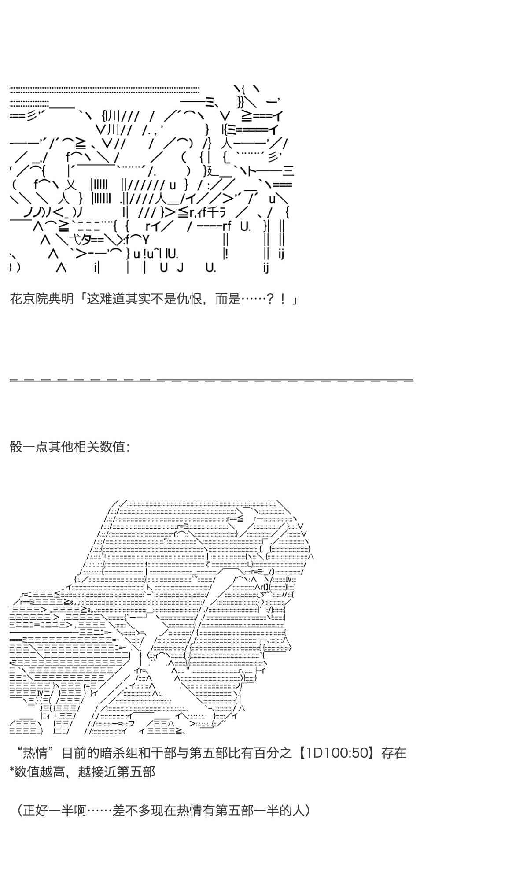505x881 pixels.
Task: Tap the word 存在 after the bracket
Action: (394, 752)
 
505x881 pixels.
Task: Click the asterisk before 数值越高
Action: (12, 771)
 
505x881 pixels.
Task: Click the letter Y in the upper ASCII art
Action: (146, 240)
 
